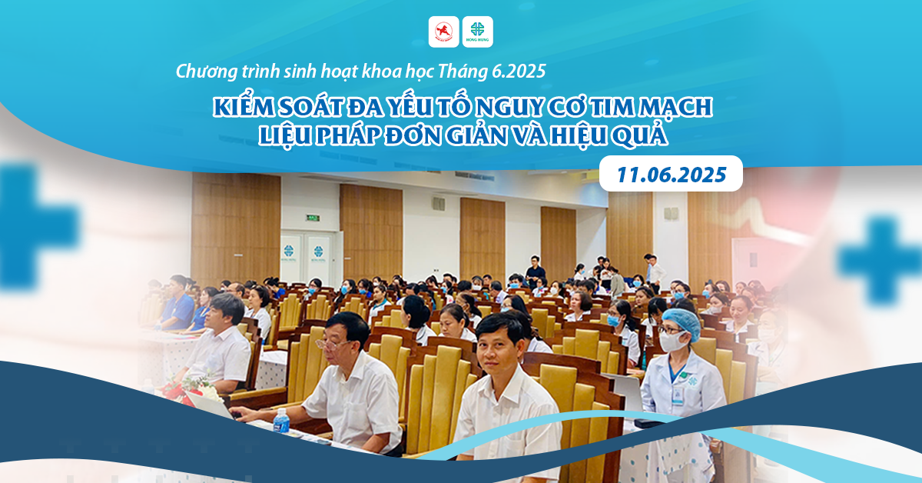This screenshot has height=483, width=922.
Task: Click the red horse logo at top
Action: pos(444,32)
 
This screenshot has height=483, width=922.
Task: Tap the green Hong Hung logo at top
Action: pos(477,32)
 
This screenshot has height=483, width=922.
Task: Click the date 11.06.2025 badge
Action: pos(671,174)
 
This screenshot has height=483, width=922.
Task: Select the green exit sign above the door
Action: pos(313,217)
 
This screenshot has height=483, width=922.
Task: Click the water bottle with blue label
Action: pos(281,421)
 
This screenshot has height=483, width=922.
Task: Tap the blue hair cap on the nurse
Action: pos(682,323)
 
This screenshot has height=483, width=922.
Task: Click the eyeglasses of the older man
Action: pos(332,344)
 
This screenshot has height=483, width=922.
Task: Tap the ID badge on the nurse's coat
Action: pos(677,395)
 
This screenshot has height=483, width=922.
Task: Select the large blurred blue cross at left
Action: pos(33,227)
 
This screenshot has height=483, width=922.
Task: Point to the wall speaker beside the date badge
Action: pos(672,214)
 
